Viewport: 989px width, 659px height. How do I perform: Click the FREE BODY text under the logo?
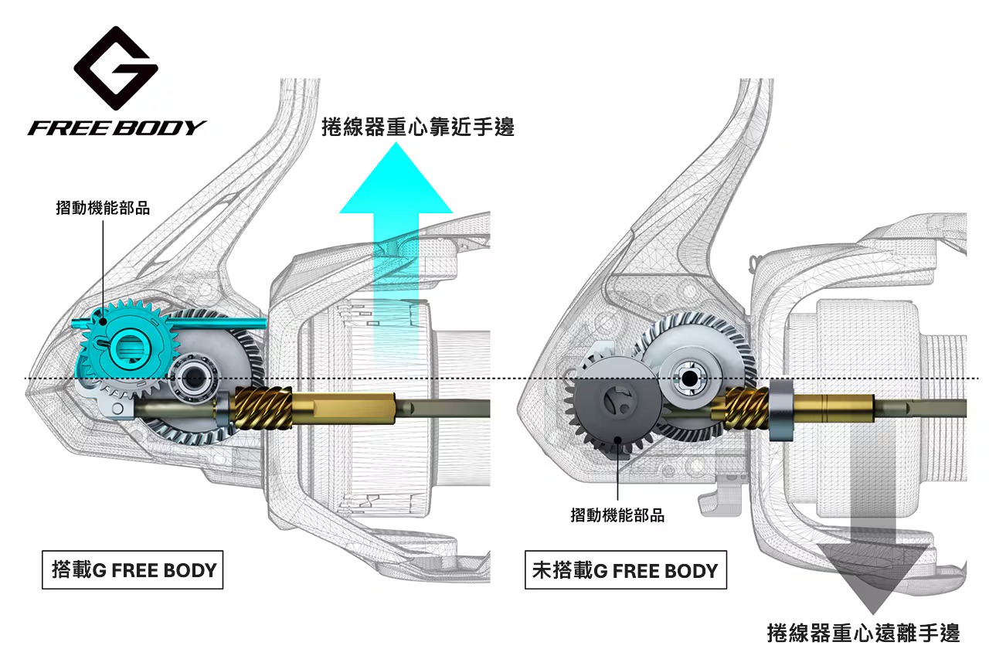(117, 127)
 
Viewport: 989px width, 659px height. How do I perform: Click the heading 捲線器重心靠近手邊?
(417, 127)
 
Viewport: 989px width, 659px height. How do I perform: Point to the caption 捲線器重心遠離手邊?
(863, 634)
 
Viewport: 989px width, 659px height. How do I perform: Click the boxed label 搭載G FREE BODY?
(134, 571)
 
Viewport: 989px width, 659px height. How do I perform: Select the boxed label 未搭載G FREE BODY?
(625, 571)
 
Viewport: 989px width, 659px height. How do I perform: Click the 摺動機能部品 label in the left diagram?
(103, 208)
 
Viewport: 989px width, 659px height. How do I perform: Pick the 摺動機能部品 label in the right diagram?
(617, 515)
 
